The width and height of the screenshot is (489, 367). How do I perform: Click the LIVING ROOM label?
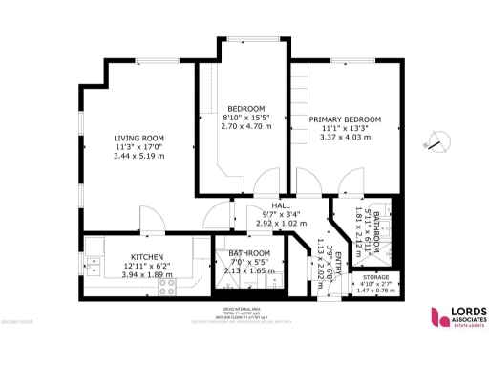[x=139, y=138]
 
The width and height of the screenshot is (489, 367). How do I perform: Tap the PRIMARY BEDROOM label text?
[x=339, y=119]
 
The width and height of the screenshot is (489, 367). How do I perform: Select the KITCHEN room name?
[x=147, y=257]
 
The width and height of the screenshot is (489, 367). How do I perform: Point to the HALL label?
[x=280, y=205]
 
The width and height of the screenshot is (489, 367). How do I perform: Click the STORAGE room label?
[x=373, y=277]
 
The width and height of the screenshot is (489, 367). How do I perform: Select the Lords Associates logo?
[x=458, y=316]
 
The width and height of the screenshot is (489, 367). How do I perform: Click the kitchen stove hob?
[x=166, y=284]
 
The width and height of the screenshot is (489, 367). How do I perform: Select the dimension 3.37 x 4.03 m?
[x=339, y=137]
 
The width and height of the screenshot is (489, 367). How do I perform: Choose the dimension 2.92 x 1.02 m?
[x=280, y=223]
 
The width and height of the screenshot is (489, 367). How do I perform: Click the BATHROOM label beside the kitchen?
[x=249, y=252]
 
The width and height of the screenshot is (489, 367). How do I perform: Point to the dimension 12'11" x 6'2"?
[x=147, y=265]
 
